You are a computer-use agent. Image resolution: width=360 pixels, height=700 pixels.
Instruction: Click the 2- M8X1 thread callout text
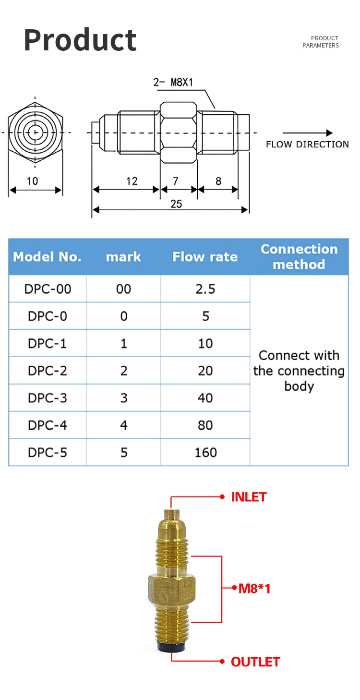coord(173,82)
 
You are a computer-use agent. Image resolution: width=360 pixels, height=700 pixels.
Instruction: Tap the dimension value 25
coord(176,204)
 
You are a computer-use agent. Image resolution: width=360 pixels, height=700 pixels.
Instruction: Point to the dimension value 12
coord(132,181)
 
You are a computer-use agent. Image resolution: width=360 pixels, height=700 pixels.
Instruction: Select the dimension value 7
coord(176,181)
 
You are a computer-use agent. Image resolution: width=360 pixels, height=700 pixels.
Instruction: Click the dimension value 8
coord(218,181)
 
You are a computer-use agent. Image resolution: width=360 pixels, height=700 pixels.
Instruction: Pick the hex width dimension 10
coord(32,181)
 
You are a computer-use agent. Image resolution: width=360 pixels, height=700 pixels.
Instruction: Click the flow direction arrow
coord(307,133)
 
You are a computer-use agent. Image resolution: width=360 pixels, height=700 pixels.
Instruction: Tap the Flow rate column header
coord(205,257)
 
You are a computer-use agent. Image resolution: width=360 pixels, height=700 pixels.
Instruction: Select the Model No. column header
coord(47,257)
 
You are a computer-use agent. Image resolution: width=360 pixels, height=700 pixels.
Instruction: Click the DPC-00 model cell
coord(48,289)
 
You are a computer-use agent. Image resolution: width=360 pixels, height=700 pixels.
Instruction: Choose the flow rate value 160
coord(205,453)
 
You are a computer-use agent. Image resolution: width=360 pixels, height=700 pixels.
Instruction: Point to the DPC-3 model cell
coord(48,398)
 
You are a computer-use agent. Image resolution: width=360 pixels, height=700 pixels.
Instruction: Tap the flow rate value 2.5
coord(205,289)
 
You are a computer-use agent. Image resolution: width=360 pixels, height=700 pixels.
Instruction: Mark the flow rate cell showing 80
coord(205,425)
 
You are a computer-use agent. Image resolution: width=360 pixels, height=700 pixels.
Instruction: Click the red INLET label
coord(249,497)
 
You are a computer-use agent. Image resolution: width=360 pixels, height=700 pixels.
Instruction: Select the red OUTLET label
coord(255,662)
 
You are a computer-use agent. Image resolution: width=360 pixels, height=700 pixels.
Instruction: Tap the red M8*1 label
coord(254,588)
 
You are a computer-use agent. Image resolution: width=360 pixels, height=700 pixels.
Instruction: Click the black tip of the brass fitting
coord(171,648)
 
